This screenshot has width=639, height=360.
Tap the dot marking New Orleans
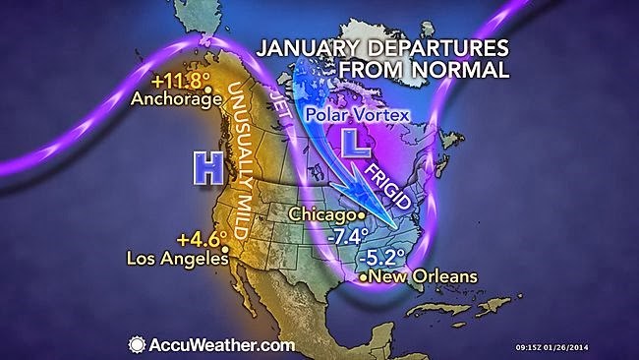[366, 278]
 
